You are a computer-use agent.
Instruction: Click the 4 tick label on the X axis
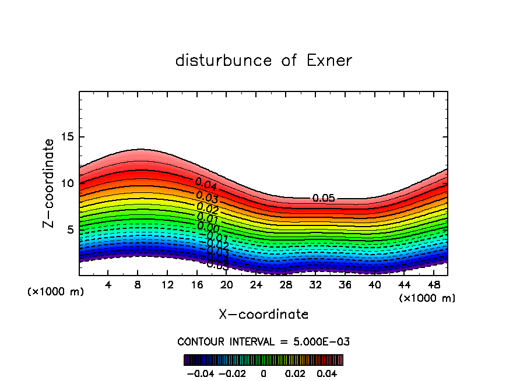pos(108,285)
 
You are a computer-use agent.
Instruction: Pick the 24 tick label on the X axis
pos(256,285)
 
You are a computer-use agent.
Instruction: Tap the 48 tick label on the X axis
pos(433,285)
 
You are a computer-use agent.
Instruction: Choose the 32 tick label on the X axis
pos(315,285)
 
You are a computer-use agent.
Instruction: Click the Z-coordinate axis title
pos(50,183)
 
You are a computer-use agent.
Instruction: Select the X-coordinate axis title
pos(263,315)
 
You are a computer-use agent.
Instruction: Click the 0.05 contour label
pos(324,198)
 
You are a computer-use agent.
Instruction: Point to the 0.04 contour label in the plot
pos(206,185)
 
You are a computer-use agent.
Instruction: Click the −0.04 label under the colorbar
pos(200,373)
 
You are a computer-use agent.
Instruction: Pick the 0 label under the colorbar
pos(263,373)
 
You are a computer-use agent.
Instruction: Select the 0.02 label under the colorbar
pos(296,373)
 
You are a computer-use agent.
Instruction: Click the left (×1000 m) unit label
pos(56,292)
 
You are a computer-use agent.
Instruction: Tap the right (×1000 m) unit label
pos(427,298)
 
